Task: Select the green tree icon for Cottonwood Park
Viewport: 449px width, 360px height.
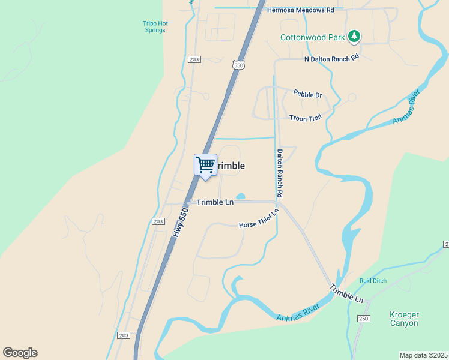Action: (x=355, y=37)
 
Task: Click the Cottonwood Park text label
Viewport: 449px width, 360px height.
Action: (x=312, y=37)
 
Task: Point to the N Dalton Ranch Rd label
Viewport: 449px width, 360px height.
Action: (x=331, y=58)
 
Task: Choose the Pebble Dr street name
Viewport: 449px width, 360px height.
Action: (x=307, y=94)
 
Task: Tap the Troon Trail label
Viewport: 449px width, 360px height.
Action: (x=306, y=118)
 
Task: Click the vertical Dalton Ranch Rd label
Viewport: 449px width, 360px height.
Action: (x=279, y=174)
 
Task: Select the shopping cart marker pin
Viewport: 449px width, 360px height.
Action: (x=205, y=165)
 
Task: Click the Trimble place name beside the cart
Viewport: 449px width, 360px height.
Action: (x=231, y=166)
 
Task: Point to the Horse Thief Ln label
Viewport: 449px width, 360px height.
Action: (x=259, y=220)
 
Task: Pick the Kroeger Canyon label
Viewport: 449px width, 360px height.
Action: (x=404, y=319)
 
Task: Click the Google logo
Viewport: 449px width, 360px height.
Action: (x=20, y=353)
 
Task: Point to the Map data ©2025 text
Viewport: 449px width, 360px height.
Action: (x=423, y=355)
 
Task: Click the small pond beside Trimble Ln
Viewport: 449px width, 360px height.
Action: (x=241, y=196)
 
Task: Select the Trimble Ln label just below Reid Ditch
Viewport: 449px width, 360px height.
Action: (x=347, y=294)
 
